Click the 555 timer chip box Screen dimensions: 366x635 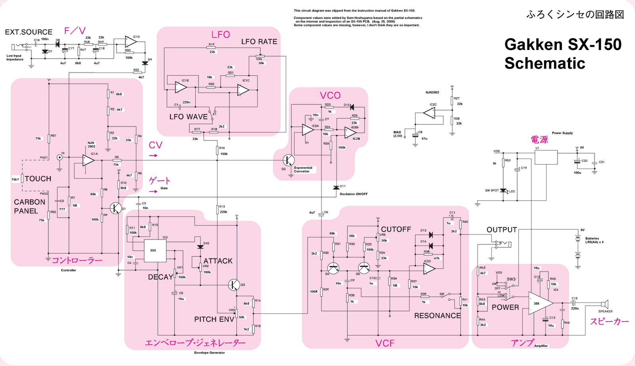coord(155,251)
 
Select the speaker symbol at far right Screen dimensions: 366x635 coord(604,305)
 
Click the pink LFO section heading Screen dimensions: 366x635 coord(221,34)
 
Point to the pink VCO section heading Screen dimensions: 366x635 coord(330,96)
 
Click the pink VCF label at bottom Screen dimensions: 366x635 coord(385,343)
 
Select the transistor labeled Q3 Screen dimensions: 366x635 coord(235,284)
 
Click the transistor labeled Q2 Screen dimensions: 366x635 coord(289,160)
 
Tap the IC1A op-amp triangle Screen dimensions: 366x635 coord(88,160)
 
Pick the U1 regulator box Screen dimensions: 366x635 coord(546,157)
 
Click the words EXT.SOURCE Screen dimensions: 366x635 coord(29,32)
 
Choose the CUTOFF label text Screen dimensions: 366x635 coord(396,230)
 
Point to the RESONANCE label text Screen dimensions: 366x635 coord(437,316)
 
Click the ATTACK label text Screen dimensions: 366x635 coord(218,261)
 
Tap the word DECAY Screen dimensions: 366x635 coord(160,277)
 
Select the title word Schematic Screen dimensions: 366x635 coord(545,63)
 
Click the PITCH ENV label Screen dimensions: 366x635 coord(214,319)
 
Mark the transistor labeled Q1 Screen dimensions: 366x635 coord(115,208)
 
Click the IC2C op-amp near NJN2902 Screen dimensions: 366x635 coord(429,113)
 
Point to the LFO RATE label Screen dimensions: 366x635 coord(259,42)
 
